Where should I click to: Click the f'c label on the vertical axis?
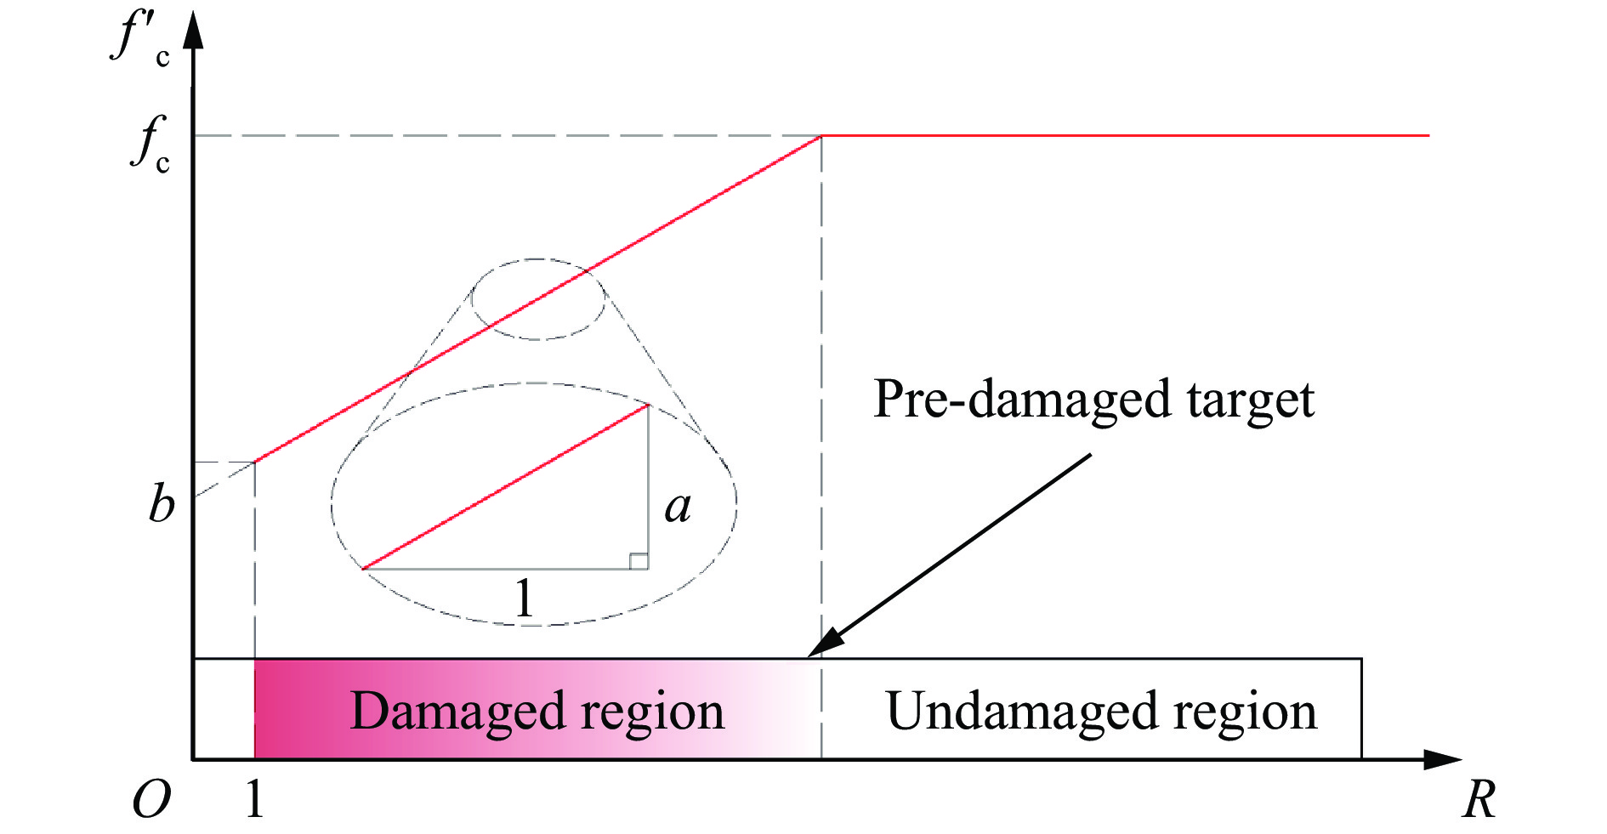[140, 38]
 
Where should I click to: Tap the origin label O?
[151, 800]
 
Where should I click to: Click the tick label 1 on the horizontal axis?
[253, 799]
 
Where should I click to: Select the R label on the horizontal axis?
[1479, 800]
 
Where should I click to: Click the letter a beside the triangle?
[678, 507]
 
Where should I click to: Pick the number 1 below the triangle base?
[525, 598]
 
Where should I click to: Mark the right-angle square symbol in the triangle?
[639, 561]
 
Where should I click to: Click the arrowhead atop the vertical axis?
[194, 30]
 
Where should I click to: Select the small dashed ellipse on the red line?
[538, 299]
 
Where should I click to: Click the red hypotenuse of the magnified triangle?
[506, 487]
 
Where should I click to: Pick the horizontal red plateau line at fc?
[1122, 135]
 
